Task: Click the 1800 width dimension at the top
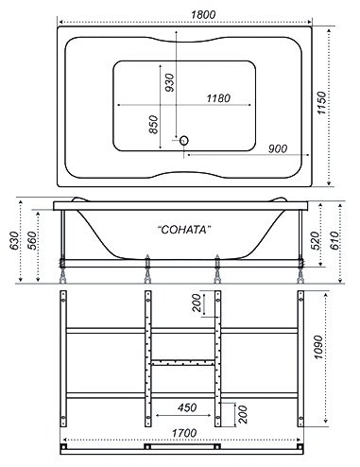(203, 14)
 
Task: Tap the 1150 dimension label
(321, 103)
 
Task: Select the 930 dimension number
(169, 82)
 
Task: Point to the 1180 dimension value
(218, 98)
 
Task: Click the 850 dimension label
(153, 125)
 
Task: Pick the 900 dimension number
(278, 148)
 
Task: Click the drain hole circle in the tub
(184, 140)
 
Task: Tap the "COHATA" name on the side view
(184, 230)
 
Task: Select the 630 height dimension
(14, 241)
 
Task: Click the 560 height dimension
(32, 241)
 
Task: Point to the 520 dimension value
(315, 240)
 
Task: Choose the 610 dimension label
(334, 240)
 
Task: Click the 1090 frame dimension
(317, 347)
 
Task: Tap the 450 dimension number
(187, 407)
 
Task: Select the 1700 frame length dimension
(184, 433)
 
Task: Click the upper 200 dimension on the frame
(197, 303)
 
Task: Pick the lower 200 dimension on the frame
(243, 414)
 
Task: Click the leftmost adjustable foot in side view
(62, 270)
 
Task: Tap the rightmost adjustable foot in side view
(301, 270)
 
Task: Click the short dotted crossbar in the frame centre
(183, 363)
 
